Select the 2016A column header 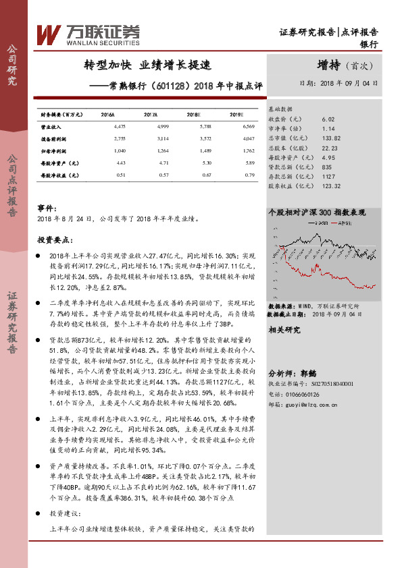pyautogui.click(x=107, y=115)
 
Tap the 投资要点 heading pyautogui.click(x=53, y=239)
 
